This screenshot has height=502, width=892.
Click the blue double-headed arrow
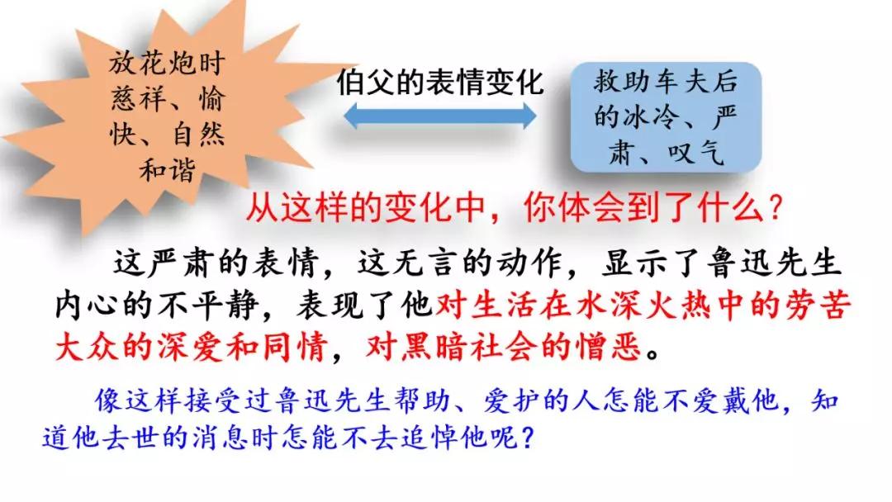coord(439,116)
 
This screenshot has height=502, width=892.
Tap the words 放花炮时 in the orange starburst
coord(167,63)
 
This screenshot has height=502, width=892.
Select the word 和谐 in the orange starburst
coord(167,169)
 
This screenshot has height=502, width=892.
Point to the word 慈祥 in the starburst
coord(138,99)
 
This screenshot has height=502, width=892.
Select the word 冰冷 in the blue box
coord(651,116)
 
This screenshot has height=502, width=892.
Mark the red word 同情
coord(294,348)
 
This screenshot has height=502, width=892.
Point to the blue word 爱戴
coord(719,400)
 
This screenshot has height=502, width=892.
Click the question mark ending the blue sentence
coord(527,438)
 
